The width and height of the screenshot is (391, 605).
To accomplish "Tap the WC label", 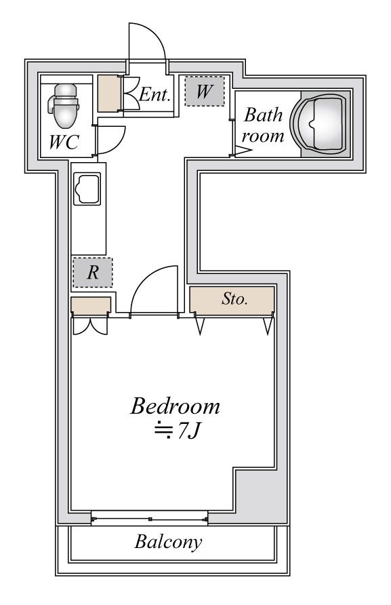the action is pos(64,142).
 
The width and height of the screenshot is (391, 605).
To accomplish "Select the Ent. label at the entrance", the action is pos(155,94).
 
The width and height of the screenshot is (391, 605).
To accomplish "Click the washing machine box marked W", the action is pos(205,91).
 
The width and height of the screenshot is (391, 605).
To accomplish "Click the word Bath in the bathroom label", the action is pos(264,115).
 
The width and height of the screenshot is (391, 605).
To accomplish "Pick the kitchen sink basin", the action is pos(87,189).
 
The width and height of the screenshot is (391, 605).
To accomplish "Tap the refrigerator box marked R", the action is pos(93,273).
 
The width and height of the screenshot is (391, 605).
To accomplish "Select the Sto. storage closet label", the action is pos(234,298).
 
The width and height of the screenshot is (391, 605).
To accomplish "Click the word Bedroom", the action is pos(175,406).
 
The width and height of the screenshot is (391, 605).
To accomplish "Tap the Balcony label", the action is pos(168,542).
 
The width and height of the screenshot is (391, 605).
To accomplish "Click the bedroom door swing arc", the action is pos(144,278).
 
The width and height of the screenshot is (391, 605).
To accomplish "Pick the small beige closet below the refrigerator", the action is pos(91,304).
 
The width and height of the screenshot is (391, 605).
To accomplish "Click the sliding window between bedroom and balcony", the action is pos(150,519).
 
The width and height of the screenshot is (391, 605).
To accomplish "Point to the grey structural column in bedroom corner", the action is pos(255,490).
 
